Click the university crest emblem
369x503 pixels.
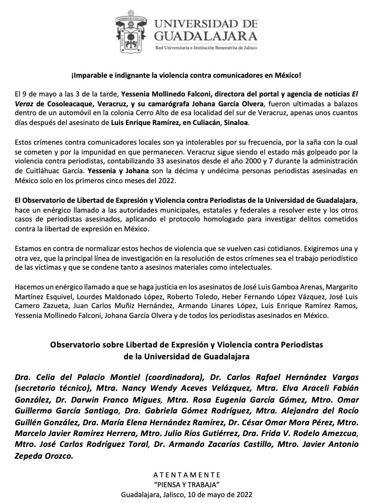132,34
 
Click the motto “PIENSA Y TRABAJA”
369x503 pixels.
185,485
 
